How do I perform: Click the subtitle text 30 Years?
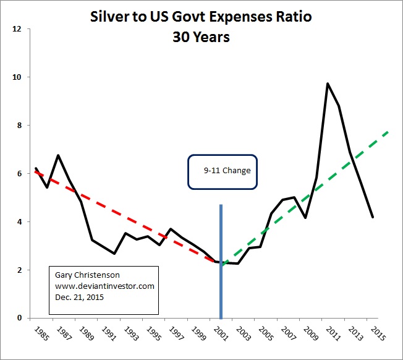201,37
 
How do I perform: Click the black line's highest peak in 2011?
328,84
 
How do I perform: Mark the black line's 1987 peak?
58,155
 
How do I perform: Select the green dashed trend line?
309,189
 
